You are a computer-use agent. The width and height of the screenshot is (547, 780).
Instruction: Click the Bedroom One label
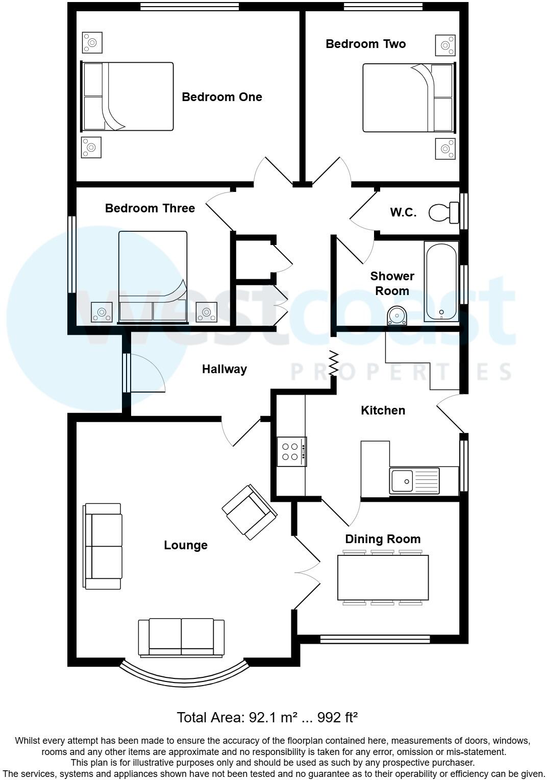pos(222,97)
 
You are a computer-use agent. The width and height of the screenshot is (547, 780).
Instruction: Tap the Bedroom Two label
pos(365,44)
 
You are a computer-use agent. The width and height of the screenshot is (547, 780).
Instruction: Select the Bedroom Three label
pos(150,208)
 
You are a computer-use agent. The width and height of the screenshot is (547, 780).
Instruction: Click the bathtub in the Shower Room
pos(441,281)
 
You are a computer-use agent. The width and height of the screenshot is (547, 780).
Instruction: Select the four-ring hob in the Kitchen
pos(291,452)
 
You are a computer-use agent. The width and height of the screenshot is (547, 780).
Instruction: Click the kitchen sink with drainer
pos(414,480)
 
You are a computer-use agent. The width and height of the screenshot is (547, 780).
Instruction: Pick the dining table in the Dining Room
pos(383,577)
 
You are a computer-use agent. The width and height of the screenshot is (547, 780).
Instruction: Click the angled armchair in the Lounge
pos(250,513)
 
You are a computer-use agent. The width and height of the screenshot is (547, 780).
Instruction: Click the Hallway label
pos(225,369)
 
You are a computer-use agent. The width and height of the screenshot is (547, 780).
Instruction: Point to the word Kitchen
pos(383,410)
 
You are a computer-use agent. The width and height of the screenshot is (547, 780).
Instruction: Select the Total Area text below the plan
pos(267,717)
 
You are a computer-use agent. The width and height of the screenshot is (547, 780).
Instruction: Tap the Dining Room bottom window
pos(375,639)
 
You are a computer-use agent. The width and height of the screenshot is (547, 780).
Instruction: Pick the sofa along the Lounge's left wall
pos(103,546)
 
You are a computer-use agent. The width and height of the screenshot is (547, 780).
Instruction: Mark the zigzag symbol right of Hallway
pos(334,363)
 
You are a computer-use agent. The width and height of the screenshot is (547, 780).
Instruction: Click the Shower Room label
pos(392,283)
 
